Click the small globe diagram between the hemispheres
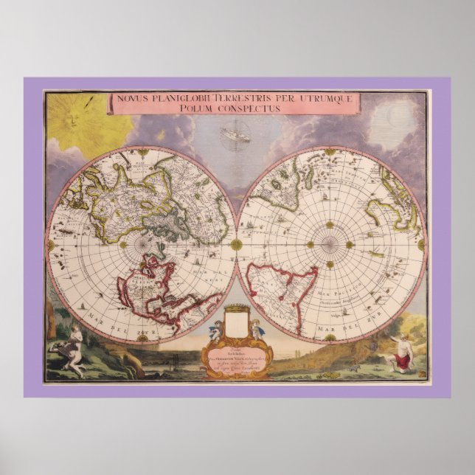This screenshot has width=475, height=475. point(236,135)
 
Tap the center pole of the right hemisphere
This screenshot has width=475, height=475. point(330,244)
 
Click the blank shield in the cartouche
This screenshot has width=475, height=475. point(236,324)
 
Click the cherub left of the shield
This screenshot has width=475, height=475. point(218,329)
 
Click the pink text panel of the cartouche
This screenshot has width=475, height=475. point(236,358)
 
